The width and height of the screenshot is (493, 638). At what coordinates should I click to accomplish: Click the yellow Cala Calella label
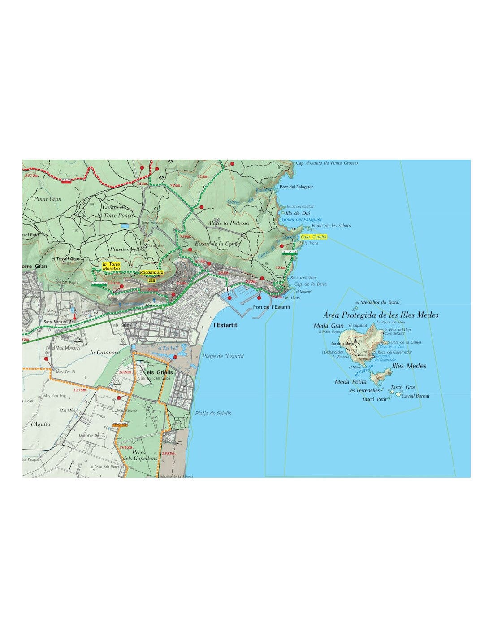(x=314, y=236)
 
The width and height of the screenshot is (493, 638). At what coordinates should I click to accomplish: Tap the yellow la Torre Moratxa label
(x=111, y=266)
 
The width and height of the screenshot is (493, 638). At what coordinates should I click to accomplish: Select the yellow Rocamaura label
(x=151, y=272)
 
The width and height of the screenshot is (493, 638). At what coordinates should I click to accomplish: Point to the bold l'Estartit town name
(x=225, y=325)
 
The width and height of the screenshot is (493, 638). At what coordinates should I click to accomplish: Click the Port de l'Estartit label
(x=272, y=307)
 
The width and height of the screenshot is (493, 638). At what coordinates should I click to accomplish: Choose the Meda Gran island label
(x=329, y=326)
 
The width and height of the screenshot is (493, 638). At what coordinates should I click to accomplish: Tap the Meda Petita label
(x=350, y=382)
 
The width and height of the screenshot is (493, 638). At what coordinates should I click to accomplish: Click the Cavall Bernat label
(x=415, y=396)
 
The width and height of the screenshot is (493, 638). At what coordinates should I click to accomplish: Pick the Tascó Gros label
(x=403, y=387)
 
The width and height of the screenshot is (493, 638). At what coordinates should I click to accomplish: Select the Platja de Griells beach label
(x=213, y=413)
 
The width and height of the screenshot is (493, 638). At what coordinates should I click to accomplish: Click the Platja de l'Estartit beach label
(x=223, y=356)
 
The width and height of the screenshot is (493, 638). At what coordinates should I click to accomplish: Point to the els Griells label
(x=160, y=372)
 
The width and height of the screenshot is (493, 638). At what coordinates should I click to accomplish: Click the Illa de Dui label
(x=298, y=213)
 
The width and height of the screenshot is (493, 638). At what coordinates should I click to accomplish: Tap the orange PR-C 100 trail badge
(x=120, y=424)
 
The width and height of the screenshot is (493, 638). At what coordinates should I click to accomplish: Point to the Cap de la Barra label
(x=310, y=284)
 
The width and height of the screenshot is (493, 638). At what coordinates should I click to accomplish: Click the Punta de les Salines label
(x=331, y=226)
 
